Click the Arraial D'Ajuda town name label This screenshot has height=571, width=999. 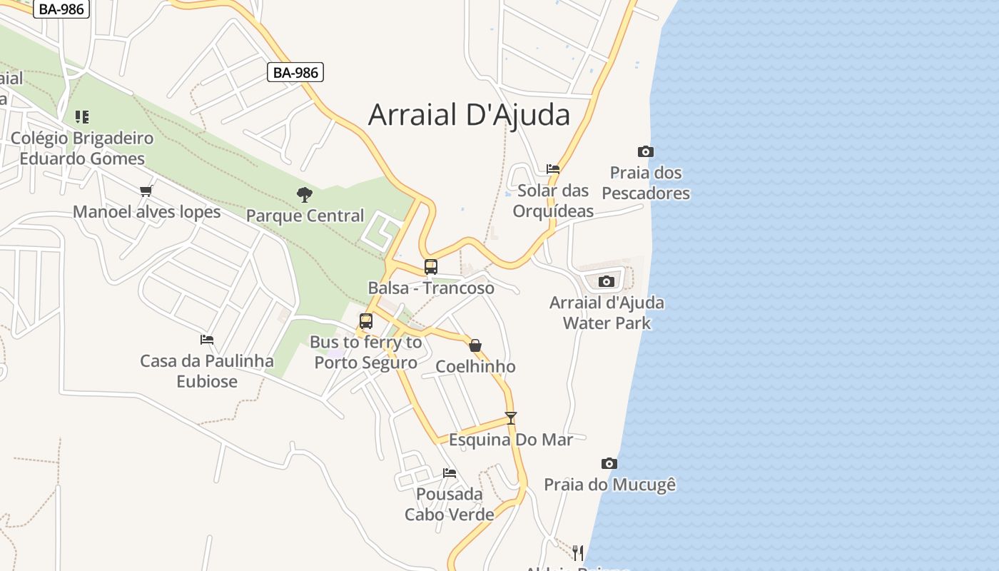[469, 115]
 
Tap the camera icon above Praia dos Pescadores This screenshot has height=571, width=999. [645, 151]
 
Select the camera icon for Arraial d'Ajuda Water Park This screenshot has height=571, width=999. [606, 281]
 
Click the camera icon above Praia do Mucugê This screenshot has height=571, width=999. [609, 463]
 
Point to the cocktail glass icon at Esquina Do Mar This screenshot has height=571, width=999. [510, 418]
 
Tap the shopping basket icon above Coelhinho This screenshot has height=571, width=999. [475, 345]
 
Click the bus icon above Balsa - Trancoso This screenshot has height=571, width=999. [430, 267]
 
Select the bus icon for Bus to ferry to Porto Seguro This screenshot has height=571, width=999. [366, 321]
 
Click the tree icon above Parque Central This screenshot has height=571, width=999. [305, 194]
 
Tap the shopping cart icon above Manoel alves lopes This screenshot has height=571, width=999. [146, 191]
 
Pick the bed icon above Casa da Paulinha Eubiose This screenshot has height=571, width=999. [207, 339]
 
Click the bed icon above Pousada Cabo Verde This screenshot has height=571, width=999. [450, 473]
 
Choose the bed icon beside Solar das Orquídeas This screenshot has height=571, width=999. [553, 169]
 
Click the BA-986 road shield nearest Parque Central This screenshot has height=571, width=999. [295, 72]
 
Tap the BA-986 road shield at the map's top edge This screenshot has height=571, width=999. [61, 9]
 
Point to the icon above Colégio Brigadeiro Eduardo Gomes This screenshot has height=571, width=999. [82, 116]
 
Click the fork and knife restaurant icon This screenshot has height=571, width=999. [577, 552]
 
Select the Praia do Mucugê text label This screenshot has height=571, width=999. [609, 485]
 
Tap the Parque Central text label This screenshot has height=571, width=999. [305, 216]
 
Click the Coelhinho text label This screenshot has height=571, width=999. [475, 367]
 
